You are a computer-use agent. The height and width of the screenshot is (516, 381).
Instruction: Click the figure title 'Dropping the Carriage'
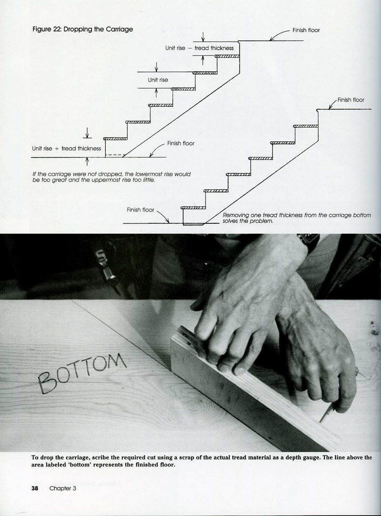pos(98,29)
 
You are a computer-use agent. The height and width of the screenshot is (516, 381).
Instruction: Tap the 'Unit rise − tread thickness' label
pos(199,48)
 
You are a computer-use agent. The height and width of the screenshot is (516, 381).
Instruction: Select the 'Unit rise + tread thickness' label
pos(67,149)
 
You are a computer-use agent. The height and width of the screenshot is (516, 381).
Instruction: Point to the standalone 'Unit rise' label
pos(158,79)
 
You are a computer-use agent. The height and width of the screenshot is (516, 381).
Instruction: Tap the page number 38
pos(35,488)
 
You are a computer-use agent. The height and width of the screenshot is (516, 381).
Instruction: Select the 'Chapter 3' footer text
pos(62,488)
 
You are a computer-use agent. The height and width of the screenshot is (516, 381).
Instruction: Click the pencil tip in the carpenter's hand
pos(321,421)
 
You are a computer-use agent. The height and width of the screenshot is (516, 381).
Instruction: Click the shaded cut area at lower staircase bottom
pos(193,224)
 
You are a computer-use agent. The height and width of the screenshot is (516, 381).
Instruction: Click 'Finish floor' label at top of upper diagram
pos(306,30)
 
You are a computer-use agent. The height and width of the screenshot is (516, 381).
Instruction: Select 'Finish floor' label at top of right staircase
pos(351,100)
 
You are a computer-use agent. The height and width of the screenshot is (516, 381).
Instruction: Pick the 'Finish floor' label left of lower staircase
pos(140,209)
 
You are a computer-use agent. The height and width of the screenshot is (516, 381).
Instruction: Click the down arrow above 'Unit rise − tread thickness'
pos(203,37)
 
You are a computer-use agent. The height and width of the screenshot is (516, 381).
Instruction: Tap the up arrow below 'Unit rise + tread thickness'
pos(87,162)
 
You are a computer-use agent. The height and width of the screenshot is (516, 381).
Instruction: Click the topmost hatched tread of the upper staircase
pos(227,56)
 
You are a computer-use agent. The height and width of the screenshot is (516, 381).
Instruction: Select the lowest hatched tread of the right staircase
pos(193,208)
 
